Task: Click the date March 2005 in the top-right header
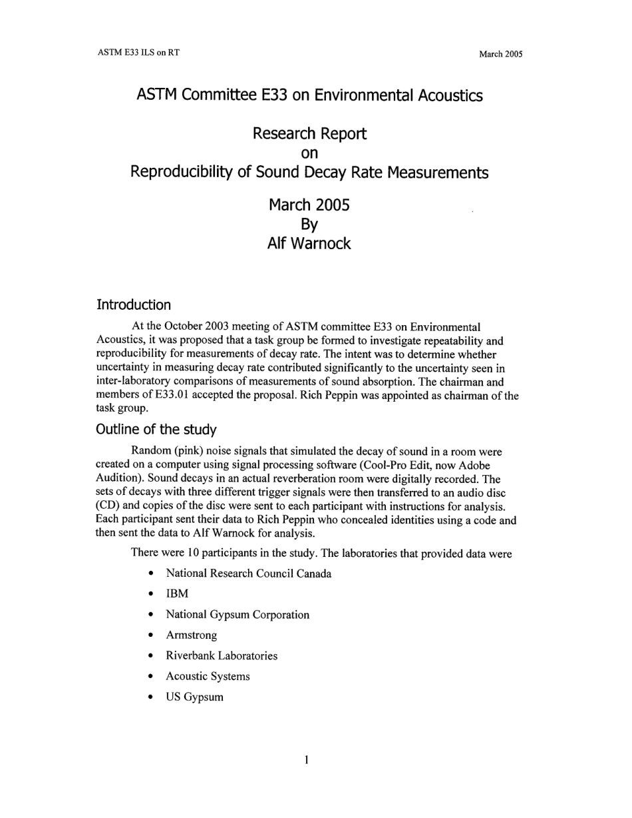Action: (500, 55)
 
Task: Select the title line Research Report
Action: (309, 134)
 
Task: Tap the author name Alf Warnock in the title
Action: (309, 244)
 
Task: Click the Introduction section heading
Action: (134, 305)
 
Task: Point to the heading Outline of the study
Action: (156, 430)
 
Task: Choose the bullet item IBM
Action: (177, 594)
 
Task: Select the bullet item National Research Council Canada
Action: (248, 574)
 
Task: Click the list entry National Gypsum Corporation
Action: (237, 615)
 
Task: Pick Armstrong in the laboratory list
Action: (191, 635)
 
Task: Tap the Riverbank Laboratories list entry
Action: (222, 656)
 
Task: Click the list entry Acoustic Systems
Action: (208, 677)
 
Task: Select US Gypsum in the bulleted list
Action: (194, 697)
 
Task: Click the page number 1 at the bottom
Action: (306, 759)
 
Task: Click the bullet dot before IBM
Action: (153, 594)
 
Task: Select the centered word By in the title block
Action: (309, 224)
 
